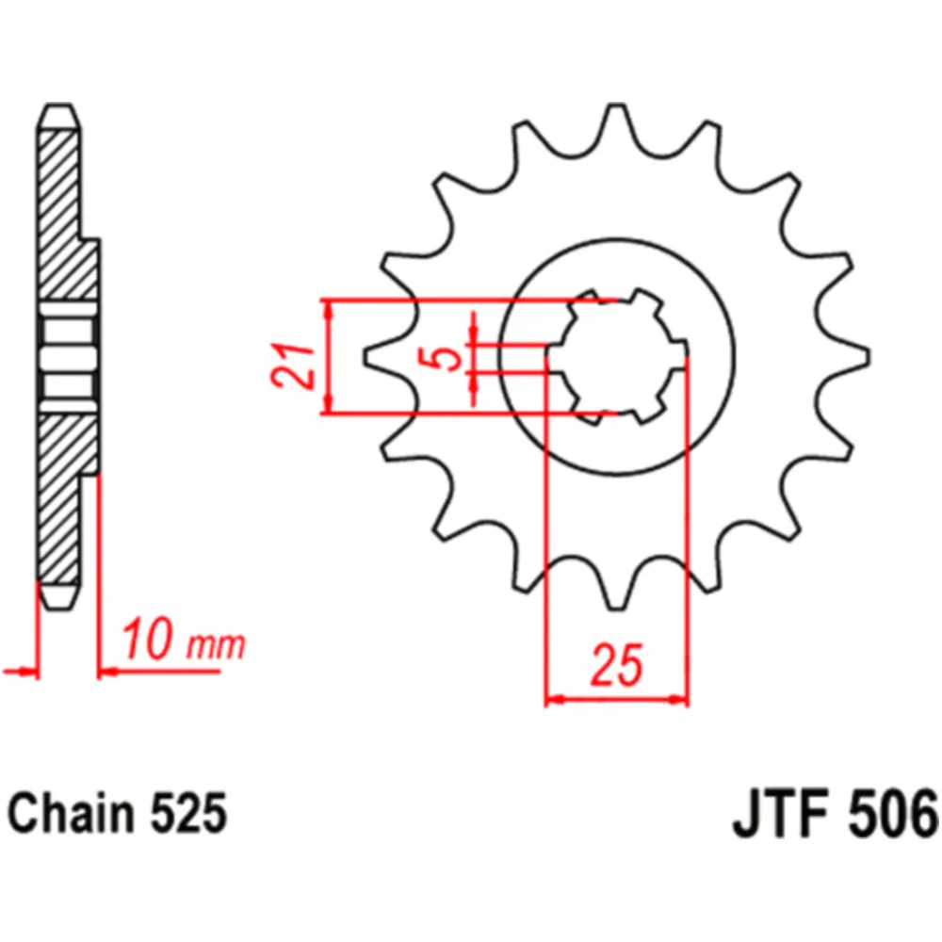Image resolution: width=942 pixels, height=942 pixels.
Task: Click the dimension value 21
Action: (x=294, y=365)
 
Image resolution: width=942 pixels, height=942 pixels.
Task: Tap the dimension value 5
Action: (x=446, y=359)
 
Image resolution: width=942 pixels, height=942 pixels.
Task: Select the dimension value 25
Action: (x=617, y=665)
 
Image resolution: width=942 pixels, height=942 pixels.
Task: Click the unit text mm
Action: (x=216, y=646)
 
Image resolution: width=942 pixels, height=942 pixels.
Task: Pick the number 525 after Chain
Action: (x=188, y=813)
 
